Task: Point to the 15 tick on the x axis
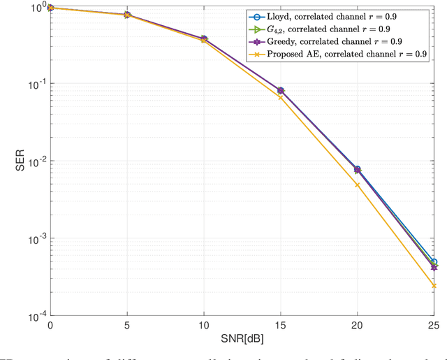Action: click(x=281, y=326)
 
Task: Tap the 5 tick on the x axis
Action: click(x=126, y=326)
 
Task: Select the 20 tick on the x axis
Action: click(x=358, y=326)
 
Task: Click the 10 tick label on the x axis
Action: click(x=203, y=326)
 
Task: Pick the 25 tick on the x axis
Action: click(x=434, y=326)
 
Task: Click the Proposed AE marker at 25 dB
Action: click(x=434, y=286)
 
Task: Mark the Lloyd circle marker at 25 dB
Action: click(x=434, y=261)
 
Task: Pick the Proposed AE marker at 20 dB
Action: click(x=358, y=185)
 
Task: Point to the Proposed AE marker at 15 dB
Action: click(x=281, y=97)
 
